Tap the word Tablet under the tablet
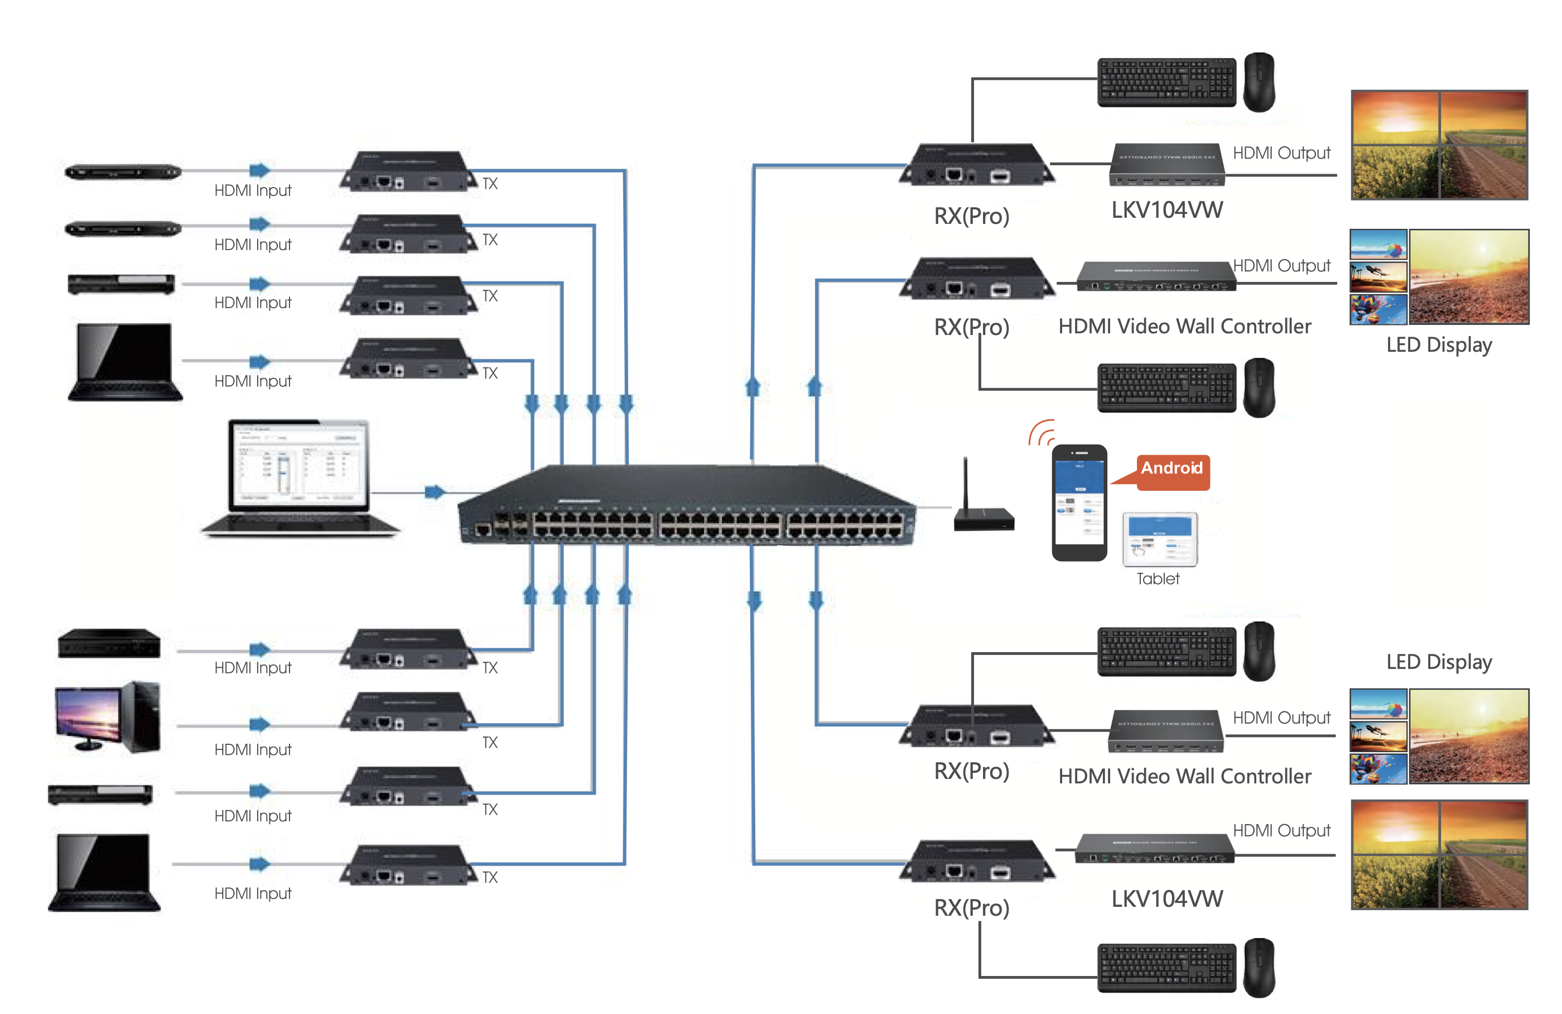point(1157,578)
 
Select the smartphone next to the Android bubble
point(1079,503)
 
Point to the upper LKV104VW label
point(1166,210)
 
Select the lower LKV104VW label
point(1166,898)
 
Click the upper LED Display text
point(1439,345)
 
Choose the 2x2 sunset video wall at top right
point(1439,145)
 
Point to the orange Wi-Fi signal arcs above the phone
point(1042,433)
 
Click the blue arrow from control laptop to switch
point(434,492)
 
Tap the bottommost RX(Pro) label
point(971,907)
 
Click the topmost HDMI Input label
point(253,190)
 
